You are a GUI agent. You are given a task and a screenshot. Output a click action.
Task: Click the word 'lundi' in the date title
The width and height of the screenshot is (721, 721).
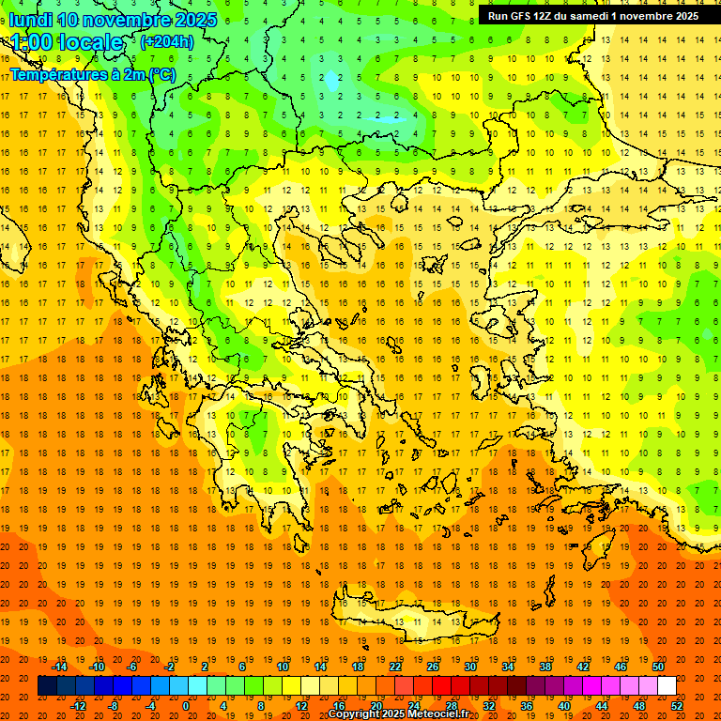click(x=31, y=20)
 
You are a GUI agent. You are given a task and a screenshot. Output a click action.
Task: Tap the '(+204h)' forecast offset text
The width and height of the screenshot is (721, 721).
click(x=166, y=41)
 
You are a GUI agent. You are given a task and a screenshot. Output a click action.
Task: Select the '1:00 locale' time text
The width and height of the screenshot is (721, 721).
click(x=67, y=42)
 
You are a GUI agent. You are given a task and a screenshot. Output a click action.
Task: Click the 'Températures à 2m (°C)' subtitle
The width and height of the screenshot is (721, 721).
click(x=92, y=74)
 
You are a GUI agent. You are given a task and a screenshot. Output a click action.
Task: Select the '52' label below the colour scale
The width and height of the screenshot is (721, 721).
click(x=678, y=706)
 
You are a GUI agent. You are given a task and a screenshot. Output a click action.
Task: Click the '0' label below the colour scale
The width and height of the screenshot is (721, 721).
click(x=185, y=706)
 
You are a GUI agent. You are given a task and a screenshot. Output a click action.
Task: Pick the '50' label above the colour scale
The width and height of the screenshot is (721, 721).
click(x=658, y=667)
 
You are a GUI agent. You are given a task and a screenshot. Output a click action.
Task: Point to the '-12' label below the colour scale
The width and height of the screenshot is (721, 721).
click(x=78, y=706)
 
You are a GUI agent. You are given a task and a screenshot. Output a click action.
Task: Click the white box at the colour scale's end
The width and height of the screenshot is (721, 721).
click(x=667, y=686)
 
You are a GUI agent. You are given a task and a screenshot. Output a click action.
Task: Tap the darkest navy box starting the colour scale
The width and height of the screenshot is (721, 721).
click(x=47, y=686)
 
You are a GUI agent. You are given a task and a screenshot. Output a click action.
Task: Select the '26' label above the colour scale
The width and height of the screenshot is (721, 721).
click(x=433, y=667)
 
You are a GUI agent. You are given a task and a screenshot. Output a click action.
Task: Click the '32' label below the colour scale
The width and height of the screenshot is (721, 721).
click(x=489, y=706)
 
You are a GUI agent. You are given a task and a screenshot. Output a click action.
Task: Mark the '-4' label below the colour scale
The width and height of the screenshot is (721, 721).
click(x=149, y=706)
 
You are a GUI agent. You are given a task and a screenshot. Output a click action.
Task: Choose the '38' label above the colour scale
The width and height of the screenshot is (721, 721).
click(x=545, y=667)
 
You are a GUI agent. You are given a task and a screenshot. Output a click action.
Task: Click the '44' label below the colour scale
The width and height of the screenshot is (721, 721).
click(x=602, y=706)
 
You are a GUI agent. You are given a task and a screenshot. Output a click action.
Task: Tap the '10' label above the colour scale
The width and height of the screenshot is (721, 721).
click(x=283, y=667)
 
